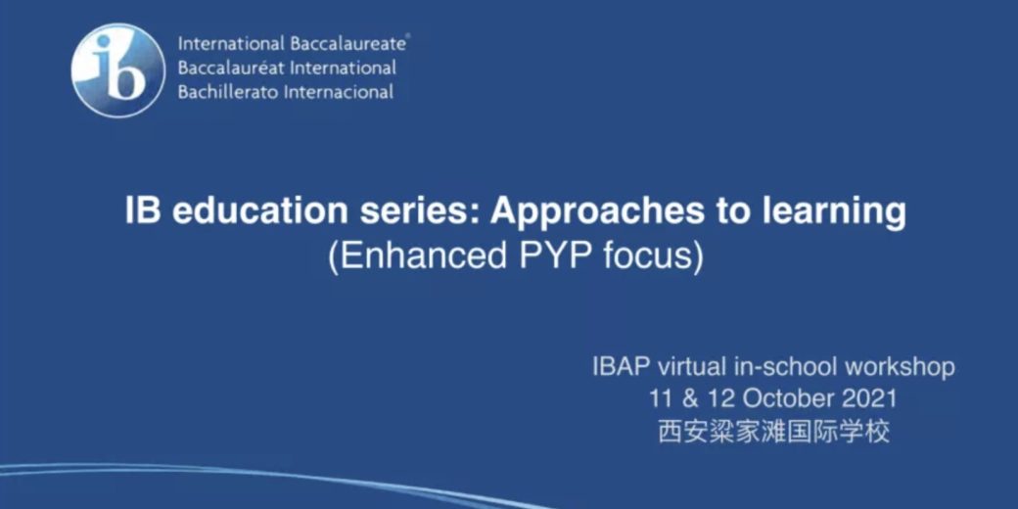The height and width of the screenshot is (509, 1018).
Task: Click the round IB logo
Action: tap(118, 70)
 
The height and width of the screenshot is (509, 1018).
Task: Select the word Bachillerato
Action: tap(230, 92)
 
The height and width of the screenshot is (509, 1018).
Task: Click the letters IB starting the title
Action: tap(143, 211)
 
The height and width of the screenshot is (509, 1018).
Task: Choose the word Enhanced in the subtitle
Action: tap(417, 257)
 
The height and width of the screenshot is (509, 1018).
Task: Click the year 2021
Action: tap(870, 398)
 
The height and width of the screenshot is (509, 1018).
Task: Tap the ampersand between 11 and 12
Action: tap(691, 398)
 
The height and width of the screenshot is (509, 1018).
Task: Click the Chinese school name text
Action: tap(774, 432)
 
